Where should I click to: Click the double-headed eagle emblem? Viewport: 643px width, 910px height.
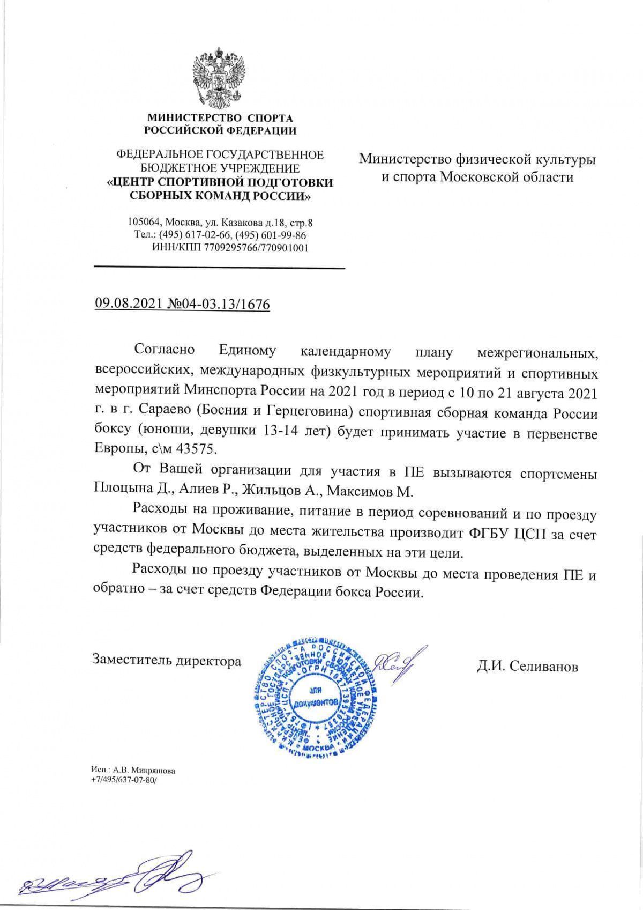[x=220, y=78]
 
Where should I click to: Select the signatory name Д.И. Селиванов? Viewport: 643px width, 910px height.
[x=528, y=667]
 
